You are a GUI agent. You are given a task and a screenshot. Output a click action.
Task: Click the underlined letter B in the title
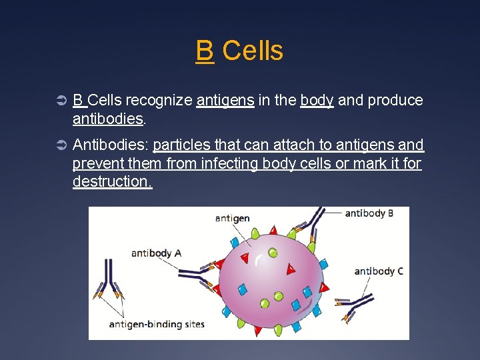(205, 51)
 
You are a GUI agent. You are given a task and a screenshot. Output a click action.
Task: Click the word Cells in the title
(252, 51)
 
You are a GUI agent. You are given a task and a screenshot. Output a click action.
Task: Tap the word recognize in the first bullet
(159, 101)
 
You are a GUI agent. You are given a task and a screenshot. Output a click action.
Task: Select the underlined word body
(317, 101)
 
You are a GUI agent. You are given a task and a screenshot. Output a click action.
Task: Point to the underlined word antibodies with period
(108, 119)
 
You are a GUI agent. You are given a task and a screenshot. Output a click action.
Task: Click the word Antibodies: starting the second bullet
(109, 145)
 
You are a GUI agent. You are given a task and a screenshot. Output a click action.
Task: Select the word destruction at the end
(112, 181)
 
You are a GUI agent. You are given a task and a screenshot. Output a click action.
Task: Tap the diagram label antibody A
(156, 253)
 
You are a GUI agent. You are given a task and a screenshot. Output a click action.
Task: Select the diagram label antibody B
(369, 213)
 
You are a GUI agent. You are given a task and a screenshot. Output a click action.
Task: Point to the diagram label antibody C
(378, 271)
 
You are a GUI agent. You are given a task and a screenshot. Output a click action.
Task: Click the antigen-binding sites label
(157, 325)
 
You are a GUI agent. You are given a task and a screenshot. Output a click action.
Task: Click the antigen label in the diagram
(232, 218)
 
